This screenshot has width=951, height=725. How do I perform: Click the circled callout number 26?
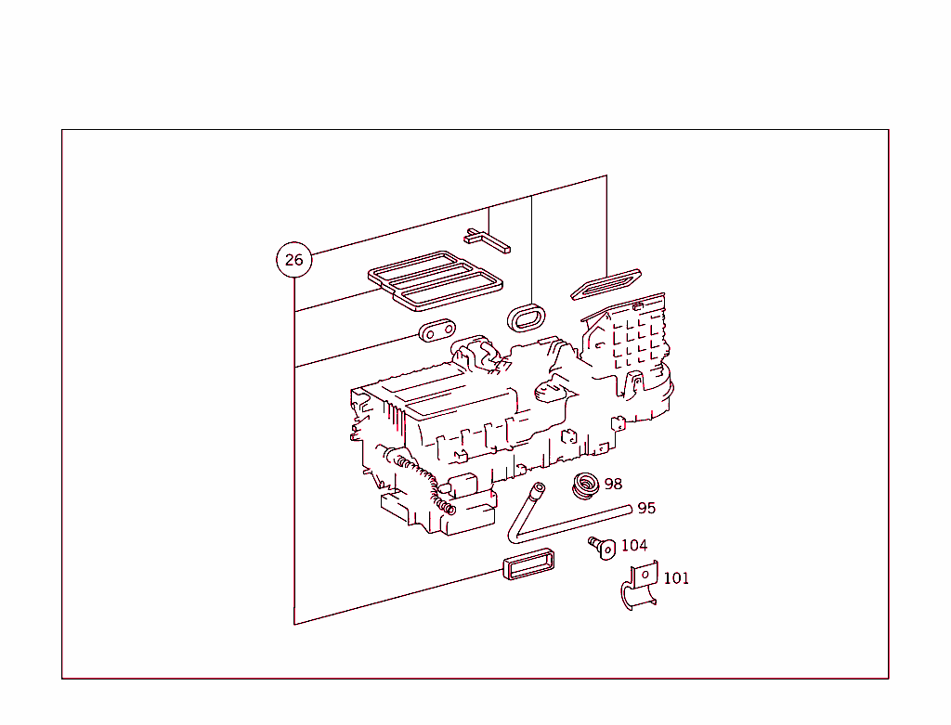click(293, 260)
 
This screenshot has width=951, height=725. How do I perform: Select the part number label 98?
click(613, 484)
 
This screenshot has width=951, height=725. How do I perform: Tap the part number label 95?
click(646, 508)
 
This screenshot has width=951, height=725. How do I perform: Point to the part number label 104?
click(634, 545)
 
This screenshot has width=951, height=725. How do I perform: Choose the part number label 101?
click(676, 578)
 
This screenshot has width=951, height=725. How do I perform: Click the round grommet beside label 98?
click(585, 485)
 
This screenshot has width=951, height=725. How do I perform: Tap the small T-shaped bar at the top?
click(488, 240)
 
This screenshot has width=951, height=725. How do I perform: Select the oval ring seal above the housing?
click(528, 317)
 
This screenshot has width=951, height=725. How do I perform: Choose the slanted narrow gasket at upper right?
click(604, 282)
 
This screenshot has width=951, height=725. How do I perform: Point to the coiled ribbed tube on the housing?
click(429, 483)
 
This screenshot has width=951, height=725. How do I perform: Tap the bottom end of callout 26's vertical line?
click(294, 624)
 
